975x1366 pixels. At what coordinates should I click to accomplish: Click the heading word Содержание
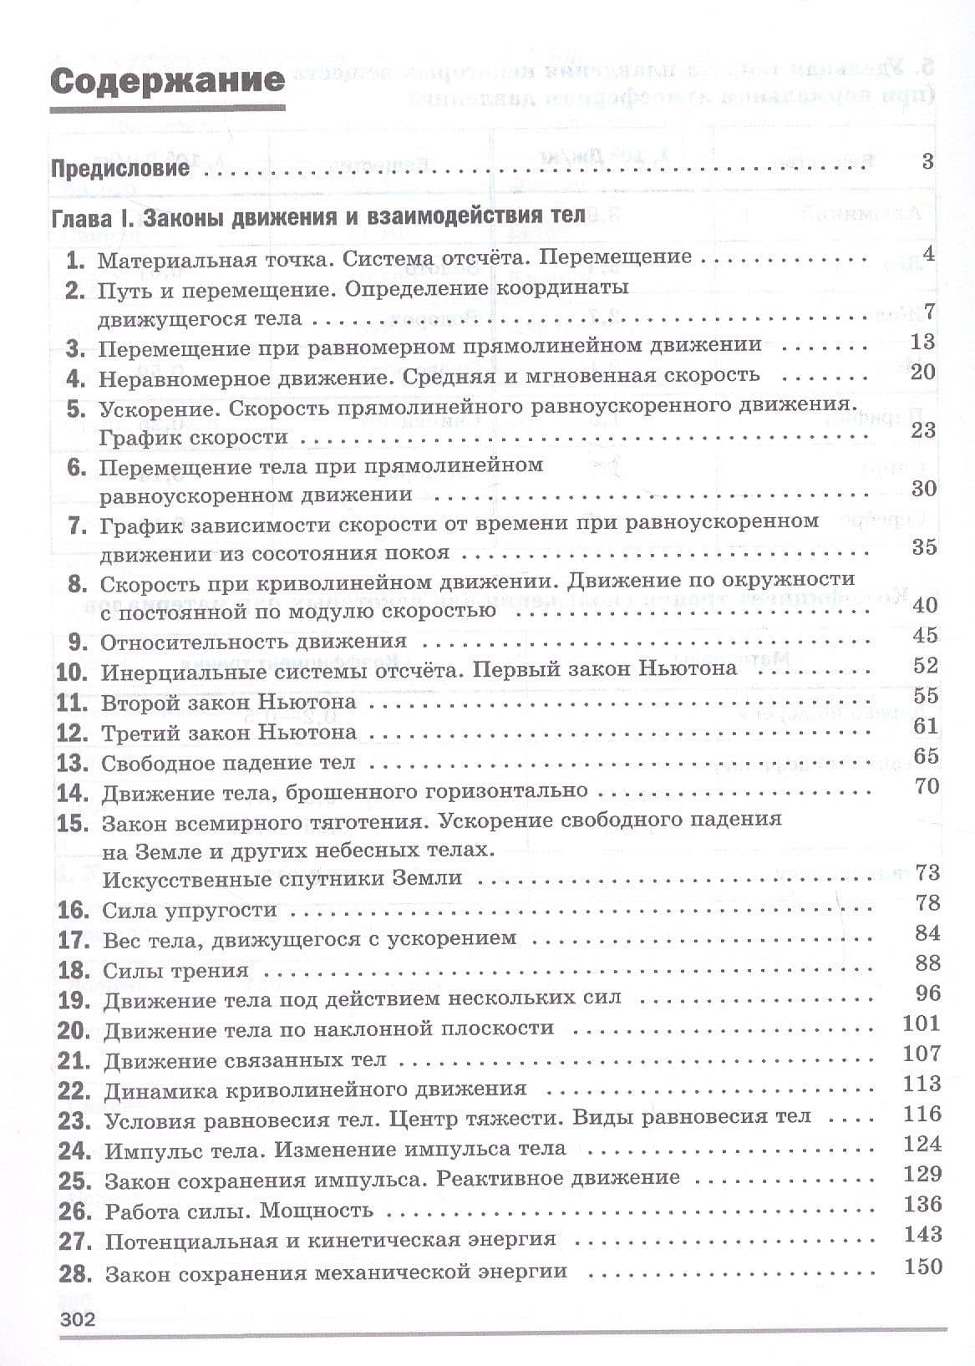click(x=166, y=83)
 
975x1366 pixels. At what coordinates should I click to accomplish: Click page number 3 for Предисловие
click(x=927, y=161)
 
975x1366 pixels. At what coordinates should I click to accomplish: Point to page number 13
click(x=923, y=342)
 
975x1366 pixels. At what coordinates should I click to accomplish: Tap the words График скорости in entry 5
click(x=193, y=437)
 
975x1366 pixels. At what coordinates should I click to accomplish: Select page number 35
click(x=924, y=547)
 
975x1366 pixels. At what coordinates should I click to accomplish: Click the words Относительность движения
click(x=253, y=642)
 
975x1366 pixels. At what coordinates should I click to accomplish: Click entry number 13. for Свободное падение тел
click(x=73, y=763)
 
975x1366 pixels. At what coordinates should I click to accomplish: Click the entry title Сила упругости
click(x=189, y=910)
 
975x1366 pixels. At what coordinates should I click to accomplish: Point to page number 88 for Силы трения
click(x=927, y=963)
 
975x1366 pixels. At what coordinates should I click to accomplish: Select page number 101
click(x=922, y=1023)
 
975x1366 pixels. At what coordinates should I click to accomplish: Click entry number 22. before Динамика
click(x=74, y=1091)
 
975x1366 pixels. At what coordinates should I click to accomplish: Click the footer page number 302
click(x=75, y=1320)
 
